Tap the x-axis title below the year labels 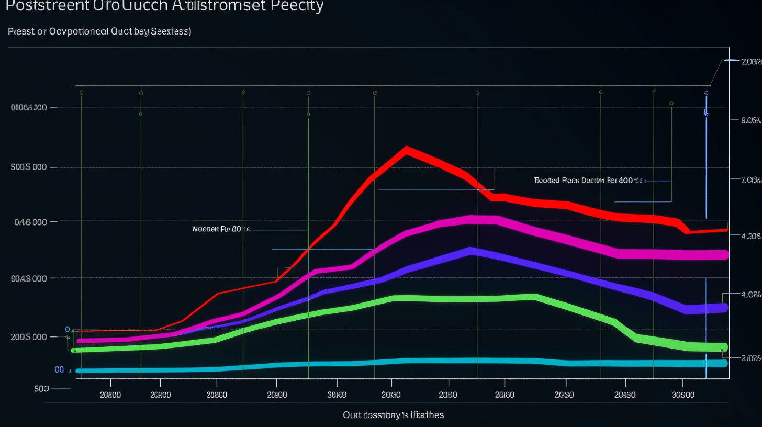[393, 415]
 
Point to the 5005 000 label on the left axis [29, 167]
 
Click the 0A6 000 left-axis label [29, 221]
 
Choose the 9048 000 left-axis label [29, 278]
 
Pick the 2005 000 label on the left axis [29, 336]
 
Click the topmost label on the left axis [29, 107]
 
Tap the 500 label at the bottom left [42, 388]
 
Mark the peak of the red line [407, 150]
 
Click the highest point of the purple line [471, 251]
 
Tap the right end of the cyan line [725, 363]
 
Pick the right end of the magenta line [725, 255]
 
